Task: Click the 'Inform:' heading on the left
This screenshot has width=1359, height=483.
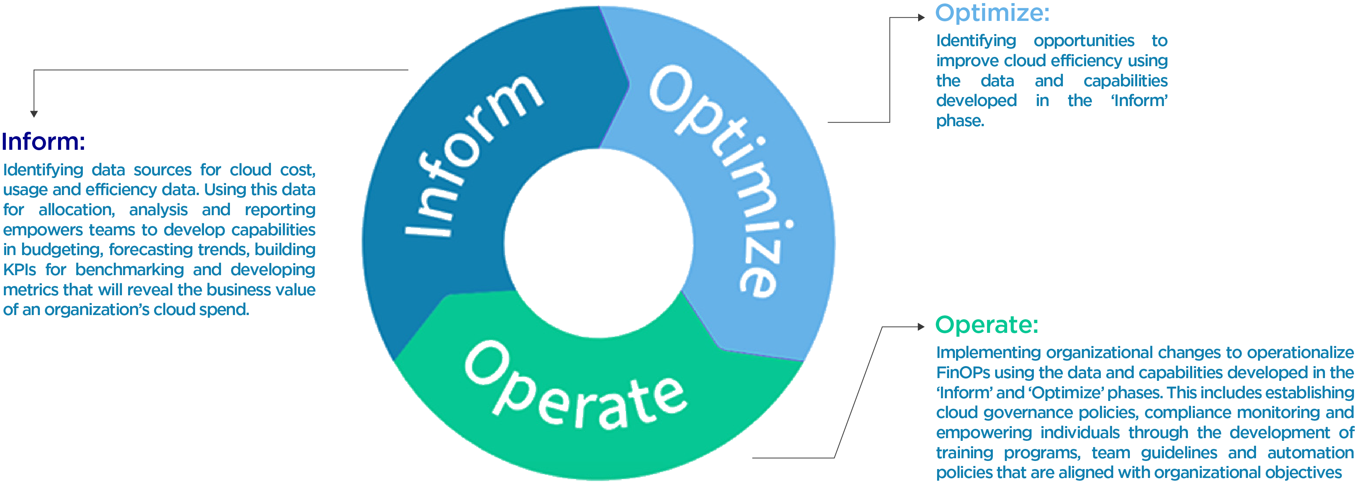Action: [43, 142]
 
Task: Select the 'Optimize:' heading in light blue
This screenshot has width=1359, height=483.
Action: [992, 13]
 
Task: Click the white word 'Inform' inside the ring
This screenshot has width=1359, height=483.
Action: [472, 156]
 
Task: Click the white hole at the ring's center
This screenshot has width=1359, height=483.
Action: [598, 243]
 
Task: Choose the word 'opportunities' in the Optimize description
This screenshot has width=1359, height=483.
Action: [1084, 41]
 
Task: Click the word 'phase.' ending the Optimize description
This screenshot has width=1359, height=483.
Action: [960, 121]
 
